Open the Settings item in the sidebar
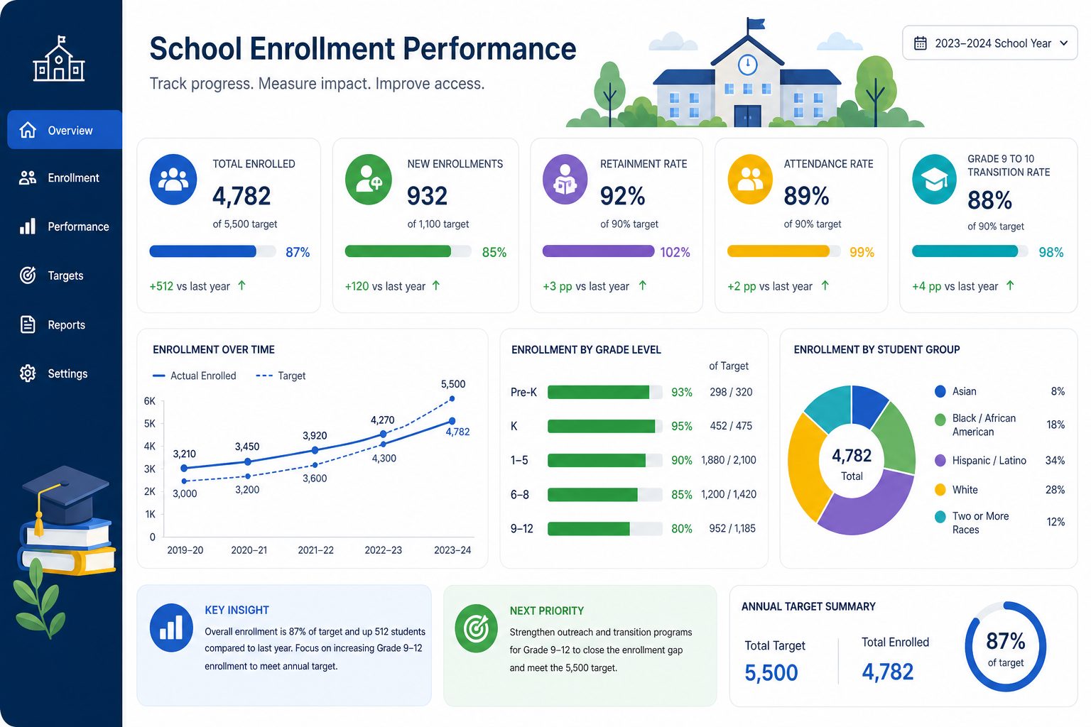[x=53, y=373]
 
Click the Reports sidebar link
[x=53, y=324]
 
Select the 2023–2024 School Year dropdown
[x=989, y=43]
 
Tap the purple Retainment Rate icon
[x=565, y=179]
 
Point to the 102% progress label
[x=675, y=252]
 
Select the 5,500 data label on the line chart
[x=453, y=384]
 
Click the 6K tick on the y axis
[x=150, y=401]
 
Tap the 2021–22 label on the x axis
[x=315, y=550]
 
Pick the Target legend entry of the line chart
[x=281, y=376]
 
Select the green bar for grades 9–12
[x=588, y=528]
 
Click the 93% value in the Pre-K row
[x=681, y=393]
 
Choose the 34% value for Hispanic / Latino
[x=1055, y=461]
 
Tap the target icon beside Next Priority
[x=477, y=628]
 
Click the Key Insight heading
[x=237, y=610]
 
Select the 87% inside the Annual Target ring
[x=1005, y=641]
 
